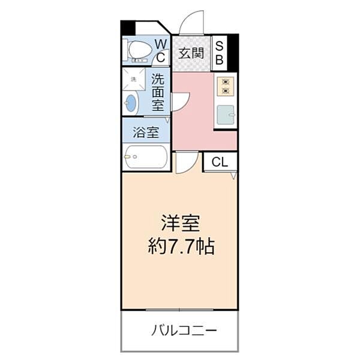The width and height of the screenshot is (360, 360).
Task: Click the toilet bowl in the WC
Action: [140, 50]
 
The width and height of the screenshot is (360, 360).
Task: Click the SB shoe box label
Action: [219, 52]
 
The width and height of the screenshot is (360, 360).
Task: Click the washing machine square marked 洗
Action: [134, 79]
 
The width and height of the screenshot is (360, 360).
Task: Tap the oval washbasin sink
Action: [131, 103]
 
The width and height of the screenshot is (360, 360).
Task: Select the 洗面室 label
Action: [158, 92]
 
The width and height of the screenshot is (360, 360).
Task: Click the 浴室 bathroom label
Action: [146, 130]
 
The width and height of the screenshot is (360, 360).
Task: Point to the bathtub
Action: [146, 158]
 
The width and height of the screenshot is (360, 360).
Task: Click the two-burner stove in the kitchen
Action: [226, 86]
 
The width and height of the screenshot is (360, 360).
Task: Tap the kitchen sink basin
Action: [226, 115]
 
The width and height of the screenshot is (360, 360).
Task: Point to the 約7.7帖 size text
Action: [181, 247]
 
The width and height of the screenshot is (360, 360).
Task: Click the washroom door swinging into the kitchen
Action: [180, 101]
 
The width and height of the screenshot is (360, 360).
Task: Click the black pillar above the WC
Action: [128, 28]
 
